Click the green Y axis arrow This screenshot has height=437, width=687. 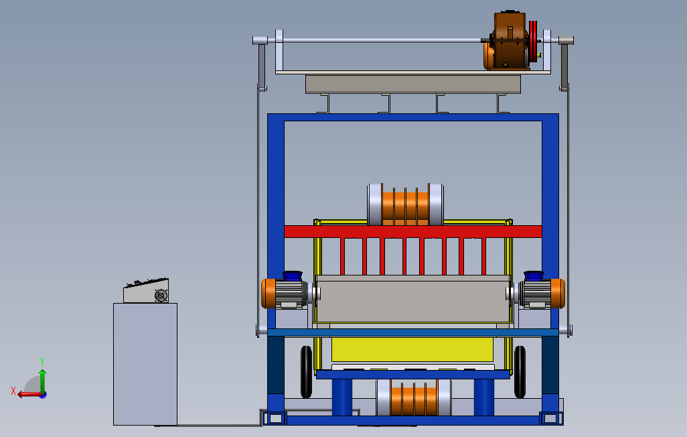tap(42, 381)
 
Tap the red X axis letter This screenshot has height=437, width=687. tap(13, 391)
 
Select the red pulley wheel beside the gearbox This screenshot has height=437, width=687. tap(533, 42)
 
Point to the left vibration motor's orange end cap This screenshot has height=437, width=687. tap(268, 293)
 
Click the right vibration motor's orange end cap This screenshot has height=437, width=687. tap(558, 293)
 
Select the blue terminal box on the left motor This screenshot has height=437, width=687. tap(292, 275)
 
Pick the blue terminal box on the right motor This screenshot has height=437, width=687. tap(534, 275)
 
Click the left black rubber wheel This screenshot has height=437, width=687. tap(306, 372)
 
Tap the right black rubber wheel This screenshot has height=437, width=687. tap(520, 372)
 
